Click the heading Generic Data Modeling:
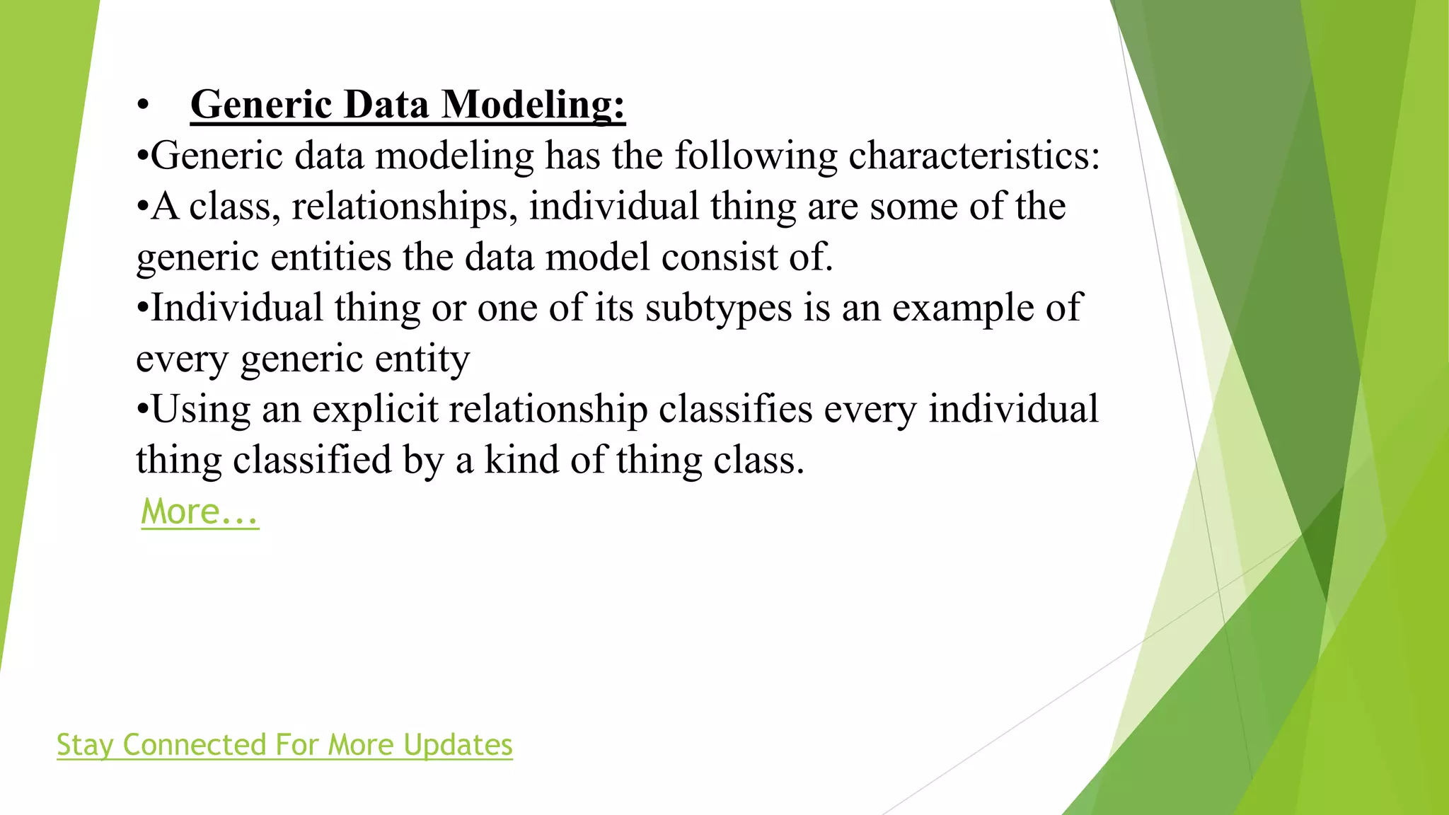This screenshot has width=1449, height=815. click(408, 105)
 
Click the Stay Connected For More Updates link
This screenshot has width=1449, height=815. click(284, 744)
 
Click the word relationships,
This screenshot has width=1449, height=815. click(405, 207)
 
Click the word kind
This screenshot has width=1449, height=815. click(521, 461)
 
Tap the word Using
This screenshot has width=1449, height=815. click(200, 410)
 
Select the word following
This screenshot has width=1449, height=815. click(756, 156)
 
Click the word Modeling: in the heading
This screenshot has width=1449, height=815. click(533, 105)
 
